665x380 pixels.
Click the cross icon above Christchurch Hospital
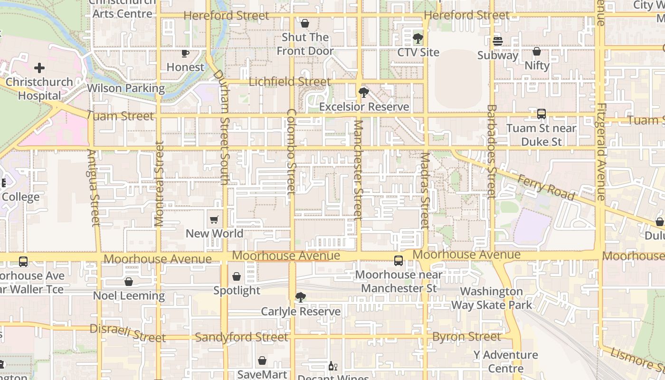(x=39, y=68)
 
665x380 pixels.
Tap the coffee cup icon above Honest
(x=185, y=53)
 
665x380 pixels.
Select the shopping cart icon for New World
(x=214, y=219)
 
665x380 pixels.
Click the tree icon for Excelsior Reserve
(x=364, y=93)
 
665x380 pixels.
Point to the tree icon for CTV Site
(x=418, y=38)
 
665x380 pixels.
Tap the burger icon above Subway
(x=497, y=41)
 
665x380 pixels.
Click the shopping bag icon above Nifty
(x=537, y=51)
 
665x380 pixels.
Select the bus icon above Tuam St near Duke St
(x=541, y=114)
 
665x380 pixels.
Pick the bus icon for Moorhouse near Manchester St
(x=398, y=260)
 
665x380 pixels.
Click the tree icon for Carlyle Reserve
(x=300, y=297)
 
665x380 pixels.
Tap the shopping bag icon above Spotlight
(x=237, y=276)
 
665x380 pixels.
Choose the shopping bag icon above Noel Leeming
(x=128, y=282)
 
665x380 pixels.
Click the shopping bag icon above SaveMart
(x=262, y=361)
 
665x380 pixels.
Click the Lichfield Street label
(x=289, y=82)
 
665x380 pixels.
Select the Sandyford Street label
(x=241, y=337)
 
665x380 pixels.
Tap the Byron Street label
(x=466, y=337)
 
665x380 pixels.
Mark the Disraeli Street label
(x=127, y=333)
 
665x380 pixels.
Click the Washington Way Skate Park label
(x=491, y=298)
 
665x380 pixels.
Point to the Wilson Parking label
(x=126, y=88)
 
